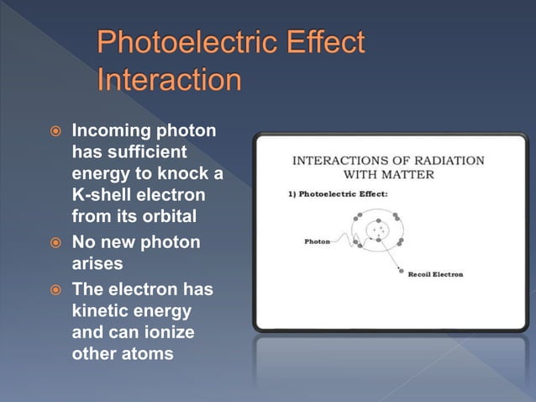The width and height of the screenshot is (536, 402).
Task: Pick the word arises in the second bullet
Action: click(97, 264)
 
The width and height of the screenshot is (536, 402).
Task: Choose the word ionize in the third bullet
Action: click(167, 331)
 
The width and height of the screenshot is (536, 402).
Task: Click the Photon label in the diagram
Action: click(317, 241)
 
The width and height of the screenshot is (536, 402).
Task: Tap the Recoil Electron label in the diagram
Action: click(435, 274)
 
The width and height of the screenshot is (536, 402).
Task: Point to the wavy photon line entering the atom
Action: click(344, 241)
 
